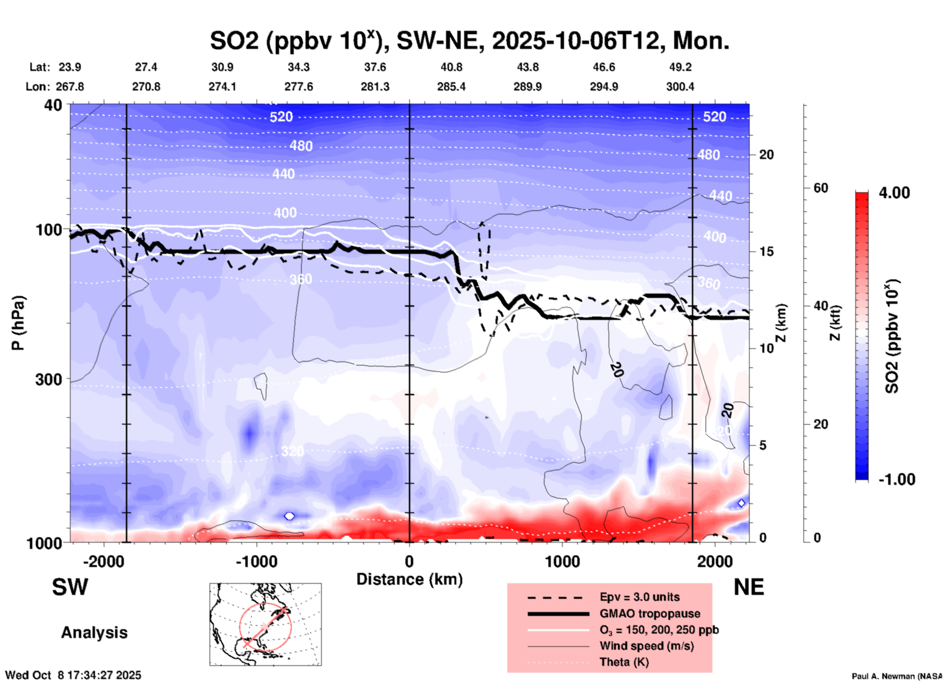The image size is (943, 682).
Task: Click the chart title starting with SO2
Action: [469, 41]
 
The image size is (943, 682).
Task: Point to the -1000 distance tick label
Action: [256, 561]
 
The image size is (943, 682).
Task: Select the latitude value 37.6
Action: [375, 67]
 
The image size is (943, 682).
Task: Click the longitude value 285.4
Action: [451, 87]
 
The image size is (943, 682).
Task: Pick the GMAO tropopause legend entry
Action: [650, 614]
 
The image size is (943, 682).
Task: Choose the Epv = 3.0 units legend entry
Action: [639, 597]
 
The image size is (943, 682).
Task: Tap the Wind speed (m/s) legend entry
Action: [646, 646]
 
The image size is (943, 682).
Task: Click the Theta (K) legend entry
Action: [624, 662]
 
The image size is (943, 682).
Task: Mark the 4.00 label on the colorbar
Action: [894, 193]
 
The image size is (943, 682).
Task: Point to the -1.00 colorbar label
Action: [896, 479]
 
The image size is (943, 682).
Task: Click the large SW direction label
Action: [70, 587]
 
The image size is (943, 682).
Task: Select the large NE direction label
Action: [749, 587]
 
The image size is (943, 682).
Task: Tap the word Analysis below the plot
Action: [94, 633]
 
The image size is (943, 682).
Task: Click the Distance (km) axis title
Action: [409, 579]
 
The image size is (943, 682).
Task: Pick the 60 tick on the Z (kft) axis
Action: [821, 188]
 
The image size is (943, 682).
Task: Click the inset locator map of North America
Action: [265, 624]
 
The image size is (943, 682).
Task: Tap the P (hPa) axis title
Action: [18, 323]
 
